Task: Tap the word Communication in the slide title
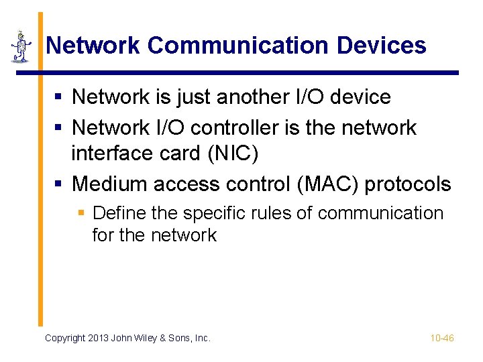coord(238,46)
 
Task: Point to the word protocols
coord(408,184)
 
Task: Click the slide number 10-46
coord(442,338)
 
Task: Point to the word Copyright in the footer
coord(65,338)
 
